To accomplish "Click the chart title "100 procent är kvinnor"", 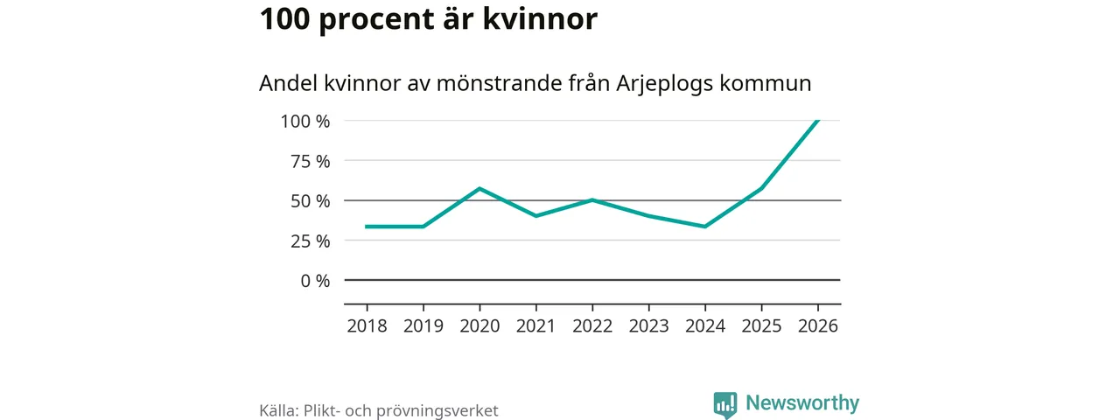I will pos(428,19).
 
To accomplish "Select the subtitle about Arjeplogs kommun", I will pos(535,84).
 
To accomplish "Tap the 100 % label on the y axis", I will pos(305,121).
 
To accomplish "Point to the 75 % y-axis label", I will pos(310,161).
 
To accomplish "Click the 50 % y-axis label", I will pos(310,200).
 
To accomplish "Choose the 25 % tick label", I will pos(310,241).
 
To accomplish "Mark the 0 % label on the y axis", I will pos(314,281).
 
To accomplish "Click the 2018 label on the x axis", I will pos(367,325).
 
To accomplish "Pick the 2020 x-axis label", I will pos(479,325).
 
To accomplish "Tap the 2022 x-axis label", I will pos(592,325).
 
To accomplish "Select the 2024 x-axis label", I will pos(705,325).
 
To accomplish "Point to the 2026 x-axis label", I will pos(817,325).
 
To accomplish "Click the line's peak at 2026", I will pos(817,121).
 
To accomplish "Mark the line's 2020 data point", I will pos(479,188).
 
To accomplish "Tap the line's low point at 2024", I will pos(705,227).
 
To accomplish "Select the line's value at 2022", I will pos(592,199).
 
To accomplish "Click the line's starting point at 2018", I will pos(367,227).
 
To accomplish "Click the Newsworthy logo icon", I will pos(724,404).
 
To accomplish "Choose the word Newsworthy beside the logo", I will pos(802,403).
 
